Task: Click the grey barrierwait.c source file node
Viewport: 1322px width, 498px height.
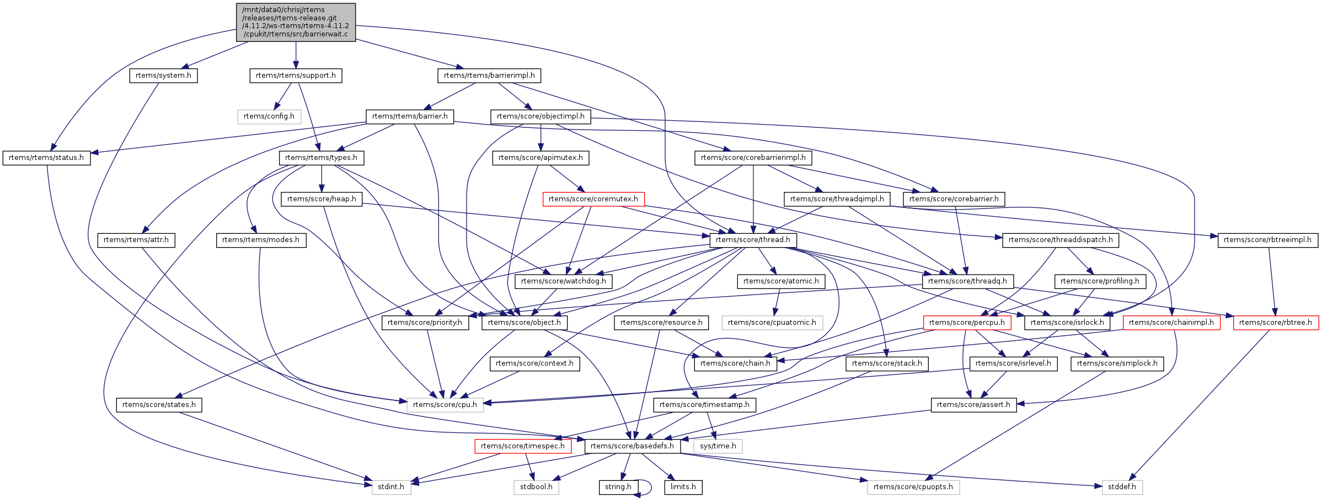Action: (x=296, y=22)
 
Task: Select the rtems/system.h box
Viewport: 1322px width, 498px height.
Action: (x=163, y=76)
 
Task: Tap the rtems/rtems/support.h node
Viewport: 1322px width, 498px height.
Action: (x=296, y=76)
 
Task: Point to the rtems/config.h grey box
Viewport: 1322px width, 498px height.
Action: (x=269, y=116)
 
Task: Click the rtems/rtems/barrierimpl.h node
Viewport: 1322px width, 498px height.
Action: (x=489, y=76)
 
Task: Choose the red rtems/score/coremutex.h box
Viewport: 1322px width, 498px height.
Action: (x=593, y=199)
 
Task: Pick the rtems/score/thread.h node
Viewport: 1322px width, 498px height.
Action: (x=753, y=240)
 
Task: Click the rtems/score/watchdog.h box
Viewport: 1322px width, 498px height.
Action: (x=563, y=281)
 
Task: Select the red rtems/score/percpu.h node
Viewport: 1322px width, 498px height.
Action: (x=967, y=323)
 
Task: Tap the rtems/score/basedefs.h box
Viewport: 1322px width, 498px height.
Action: (x=632, y=446)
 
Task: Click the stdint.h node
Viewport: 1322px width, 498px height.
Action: (x=391, y=487)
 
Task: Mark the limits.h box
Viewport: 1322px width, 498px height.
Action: (x=683, y=487)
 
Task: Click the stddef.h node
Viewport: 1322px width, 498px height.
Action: (x=1122, y=487)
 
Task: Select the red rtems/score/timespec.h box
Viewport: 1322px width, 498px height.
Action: (x=522, y=446)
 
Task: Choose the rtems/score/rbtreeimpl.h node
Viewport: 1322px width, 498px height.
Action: (x=1267, y=240)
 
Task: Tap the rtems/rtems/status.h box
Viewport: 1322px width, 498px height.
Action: (x=46, y=158)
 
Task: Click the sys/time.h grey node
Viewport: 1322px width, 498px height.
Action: (x=718, y=446)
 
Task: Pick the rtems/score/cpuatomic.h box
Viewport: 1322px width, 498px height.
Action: (x=772, y=323)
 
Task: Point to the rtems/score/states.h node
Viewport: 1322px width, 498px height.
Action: (x=159, y=405)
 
